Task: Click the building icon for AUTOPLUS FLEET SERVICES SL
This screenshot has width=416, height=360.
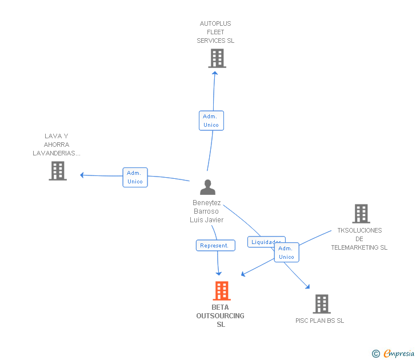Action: [x=217, y=58]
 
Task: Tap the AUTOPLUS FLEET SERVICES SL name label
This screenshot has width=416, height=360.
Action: [x=215, y=33]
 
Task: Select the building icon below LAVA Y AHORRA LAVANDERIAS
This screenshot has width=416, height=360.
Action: [x=58, y=171]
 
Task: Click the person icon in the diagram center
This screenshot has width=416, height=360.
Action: [x=208, y=187]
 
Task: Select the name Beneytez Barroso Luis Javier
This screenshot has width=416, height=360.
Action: [x=207, y=211]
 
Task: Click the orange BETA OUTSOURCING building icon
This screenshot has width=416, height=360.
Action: [x=222, y=291]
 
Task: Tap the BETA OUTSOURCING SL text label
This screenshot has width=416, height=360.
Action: [x=221, y=315]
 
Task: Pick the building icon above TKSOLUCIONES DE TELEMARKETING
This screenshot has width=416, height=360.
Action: [x=361, y=214]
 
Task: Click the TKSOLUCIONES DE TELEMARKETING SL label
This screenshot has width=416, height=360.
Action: [x=359, y=239]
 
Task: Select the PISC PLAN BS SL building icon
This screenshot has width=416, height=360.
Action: [x=322, y=304]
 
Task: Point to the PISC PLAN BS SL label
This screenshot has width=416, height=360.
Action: [x=319, y=321]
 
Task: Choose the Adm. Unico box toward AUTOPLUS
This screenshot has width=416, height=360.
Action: [x=211, y=121]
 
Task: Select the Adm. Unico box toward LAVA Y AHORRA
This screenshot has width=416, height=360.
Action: [x=135, y=177]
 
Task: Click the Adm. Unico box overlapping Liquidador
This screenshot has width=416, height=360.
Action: [x=287, y=253]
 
